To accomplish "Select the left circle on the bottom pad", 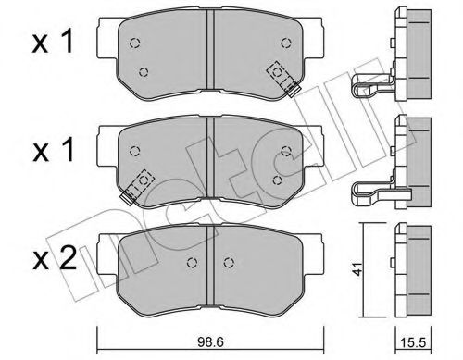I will pos(192,261).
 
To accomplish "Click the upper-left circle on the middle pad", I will pos(135,152).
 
